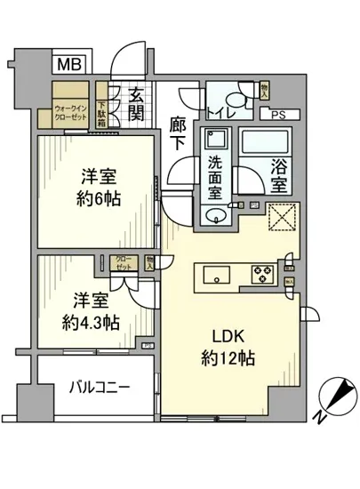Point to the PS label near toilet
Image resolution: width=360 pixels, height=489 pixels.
280,114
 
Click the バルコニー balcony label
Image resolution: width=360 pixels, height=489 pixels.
100,388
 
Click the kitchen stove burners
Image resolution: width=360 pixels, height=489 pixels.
264,274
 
